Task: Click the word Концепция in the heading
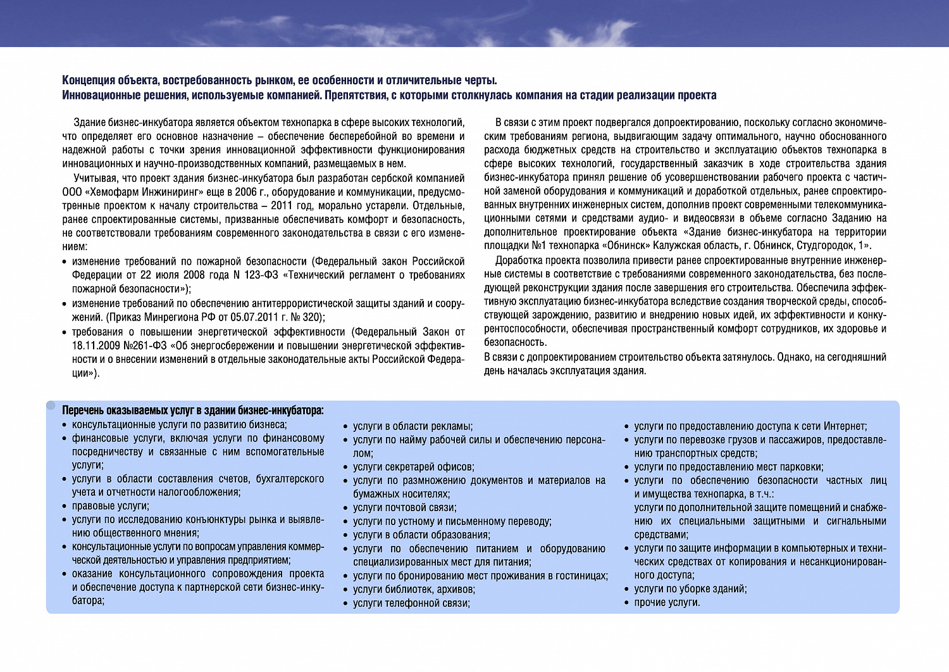tap(87, 80)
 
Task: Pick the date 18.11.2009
tap(94, 345)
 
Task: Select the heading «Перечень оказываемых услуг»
tap(192, 410)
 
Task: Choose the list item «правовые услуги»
tap(110, 506)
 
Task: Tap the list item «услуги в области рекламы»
tap(412, 426)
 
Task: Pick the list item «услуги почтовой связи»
tap(404, 507)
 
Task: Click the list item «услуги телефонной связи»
tap(411, 603)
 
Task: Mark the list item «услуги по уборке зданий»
tap(690, 589)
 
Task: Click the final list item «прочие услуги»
tap(667, 602)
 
